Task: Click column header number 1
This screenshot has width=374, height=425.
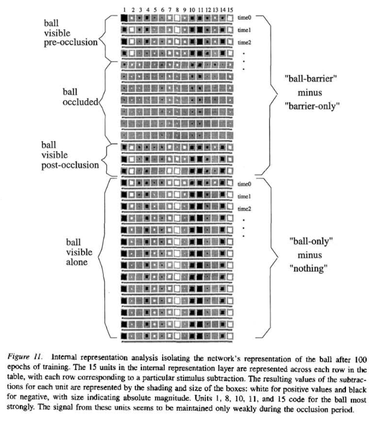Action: point(123,10)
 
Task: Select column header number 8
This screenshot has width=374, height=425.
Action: point(177,10)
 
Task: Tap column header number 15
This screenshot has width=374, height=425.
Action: point(231,10)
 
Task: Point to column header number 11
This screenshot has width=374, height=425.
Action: point(200,10)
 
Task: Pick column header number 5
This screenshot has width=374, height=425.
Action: point(154,10)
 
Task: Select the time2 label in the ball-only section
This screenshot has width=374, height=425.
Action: point(245,208)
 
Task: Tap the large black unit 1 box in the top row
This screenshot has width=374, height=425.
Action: point(124,19)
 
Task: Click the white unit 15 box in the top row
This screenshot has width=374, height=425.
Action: point(231,19)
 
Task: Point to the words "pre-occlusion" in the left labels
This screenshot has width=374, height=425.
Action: point(70,44)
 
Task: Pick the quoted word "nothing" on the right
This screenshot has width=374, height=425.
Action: point(309,269)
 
